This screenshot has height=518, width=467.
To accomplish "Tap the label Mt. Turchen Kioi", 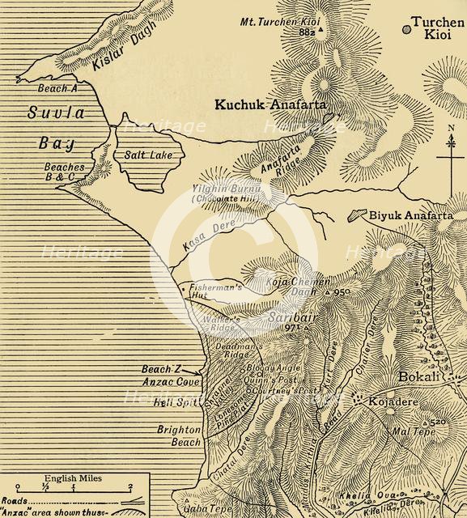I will [x=283, y=21].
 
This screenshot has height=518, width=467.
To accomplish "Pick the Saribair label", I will [x=285, y=319].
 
